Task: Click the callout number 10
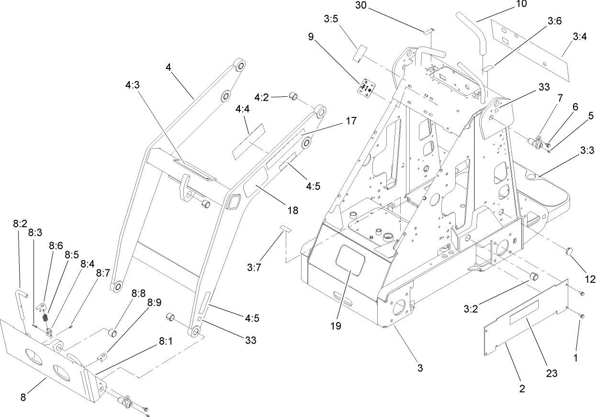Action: click(x=507, y=4)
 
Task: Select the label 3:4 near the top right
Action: click(x=579, y=35)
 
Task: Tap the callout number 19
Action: click(x=335, y=326)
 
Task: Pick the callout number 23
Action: click(x=552, y=373)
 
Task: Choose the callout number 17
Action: click(x=351, y=121)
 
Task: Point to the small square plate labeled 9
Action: click(x=367, y=88)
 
